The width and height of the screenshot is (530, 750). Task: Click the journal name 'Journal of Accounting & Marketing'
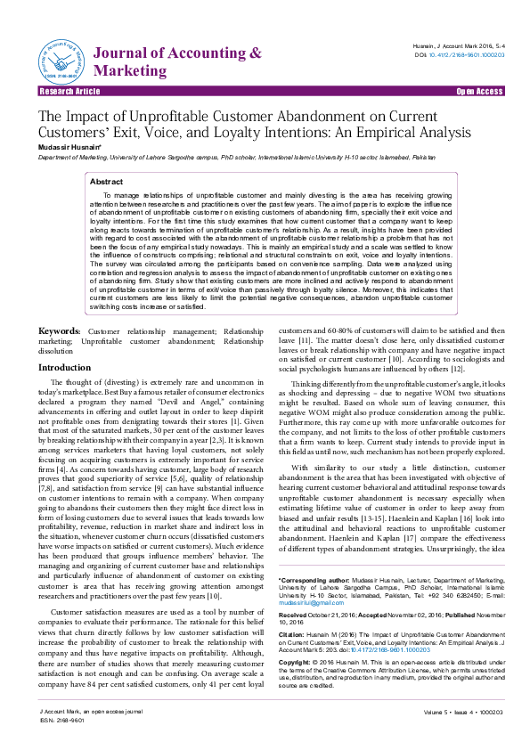point(177,61)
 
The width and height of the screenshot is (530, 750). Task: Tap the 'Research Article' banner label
point(69,92)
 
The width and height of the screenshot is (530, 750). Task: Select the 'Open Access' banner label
point(479,92)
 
